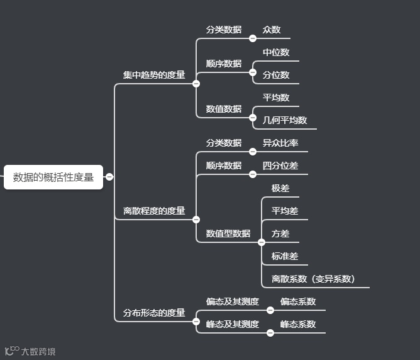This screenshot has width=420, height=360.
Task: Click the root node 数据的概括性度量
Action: (x=53, y=177)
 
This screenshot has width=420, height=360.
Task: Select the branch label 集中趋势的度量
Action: (x=154, y=75)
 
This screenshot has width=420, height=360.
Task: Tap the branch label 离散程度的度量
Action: (x=154, y=211)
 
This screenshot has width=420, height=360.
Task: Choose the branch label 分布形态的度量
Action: (x=154, y=313)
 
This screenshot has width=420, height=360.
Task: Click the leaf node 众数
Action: (x=272, y=30)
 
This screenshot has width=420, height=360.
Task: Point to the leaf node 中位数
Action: (x=276, y=52)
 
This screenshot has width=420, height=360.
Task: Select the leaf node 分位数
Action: (x=276, y=75)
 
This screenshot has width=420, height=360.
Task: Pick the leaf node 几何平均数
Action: (x=285, y=120)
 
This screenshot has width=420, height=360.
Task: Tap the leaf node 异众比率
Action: (x=280, y=143)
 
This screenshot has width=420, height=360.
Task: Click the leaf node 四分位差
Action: (x=280, y=166)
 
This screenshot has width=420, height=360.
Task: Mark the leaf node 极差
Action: (x=280, y=188)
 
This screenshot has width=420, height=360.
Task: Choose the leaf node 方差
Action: (x=280, y=233)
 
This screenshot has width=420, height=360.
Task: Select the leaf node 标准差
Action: (x=285, y=256)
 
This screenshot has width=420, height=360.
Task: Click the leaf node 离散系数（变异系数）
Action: (x=313, y=279)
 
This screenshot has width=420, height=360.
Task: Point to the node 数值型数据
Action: (x=228, y=233)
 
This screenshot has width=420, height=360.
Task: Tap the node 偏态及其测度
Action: (x=233, y=301)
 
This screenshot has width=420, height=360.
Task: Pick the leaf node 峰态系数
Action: (x=298, y=324)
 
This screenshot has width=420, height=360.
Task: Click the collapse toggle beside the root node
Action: (x=109, y=177)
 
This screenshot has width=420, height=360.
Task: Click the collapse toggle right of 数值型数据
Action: (x=262, y=242)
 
